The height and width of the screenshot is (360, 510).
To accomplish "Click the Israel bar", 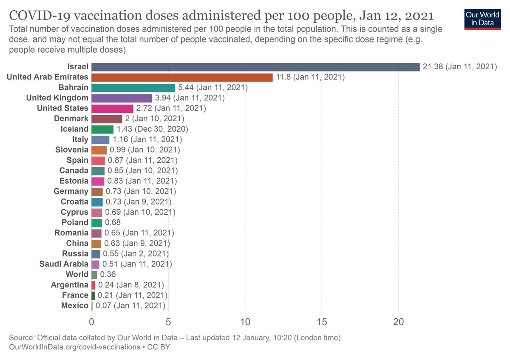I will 255,67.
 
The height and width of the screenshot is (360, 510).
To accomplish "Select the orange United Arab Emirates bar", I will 182,77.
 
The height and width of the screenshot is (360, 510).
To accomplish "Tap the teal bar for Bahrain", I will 133,88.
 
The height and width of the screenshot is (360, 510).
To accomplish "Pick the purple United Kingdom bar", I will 122,98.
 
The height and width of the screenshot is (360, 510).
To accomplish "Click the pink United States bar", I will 112,108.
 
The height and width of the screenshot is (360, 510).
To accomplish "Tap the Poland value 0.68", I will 113,222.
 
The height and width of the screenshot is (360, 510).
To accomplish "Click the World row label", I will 77,274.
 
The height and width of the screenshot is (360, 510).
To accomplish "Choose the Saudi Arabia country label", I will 64,264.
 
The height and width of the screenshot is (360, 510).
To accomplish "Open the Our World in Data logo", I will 482,18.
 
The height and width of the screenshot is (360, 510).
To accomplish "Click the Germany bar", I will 97,191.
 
